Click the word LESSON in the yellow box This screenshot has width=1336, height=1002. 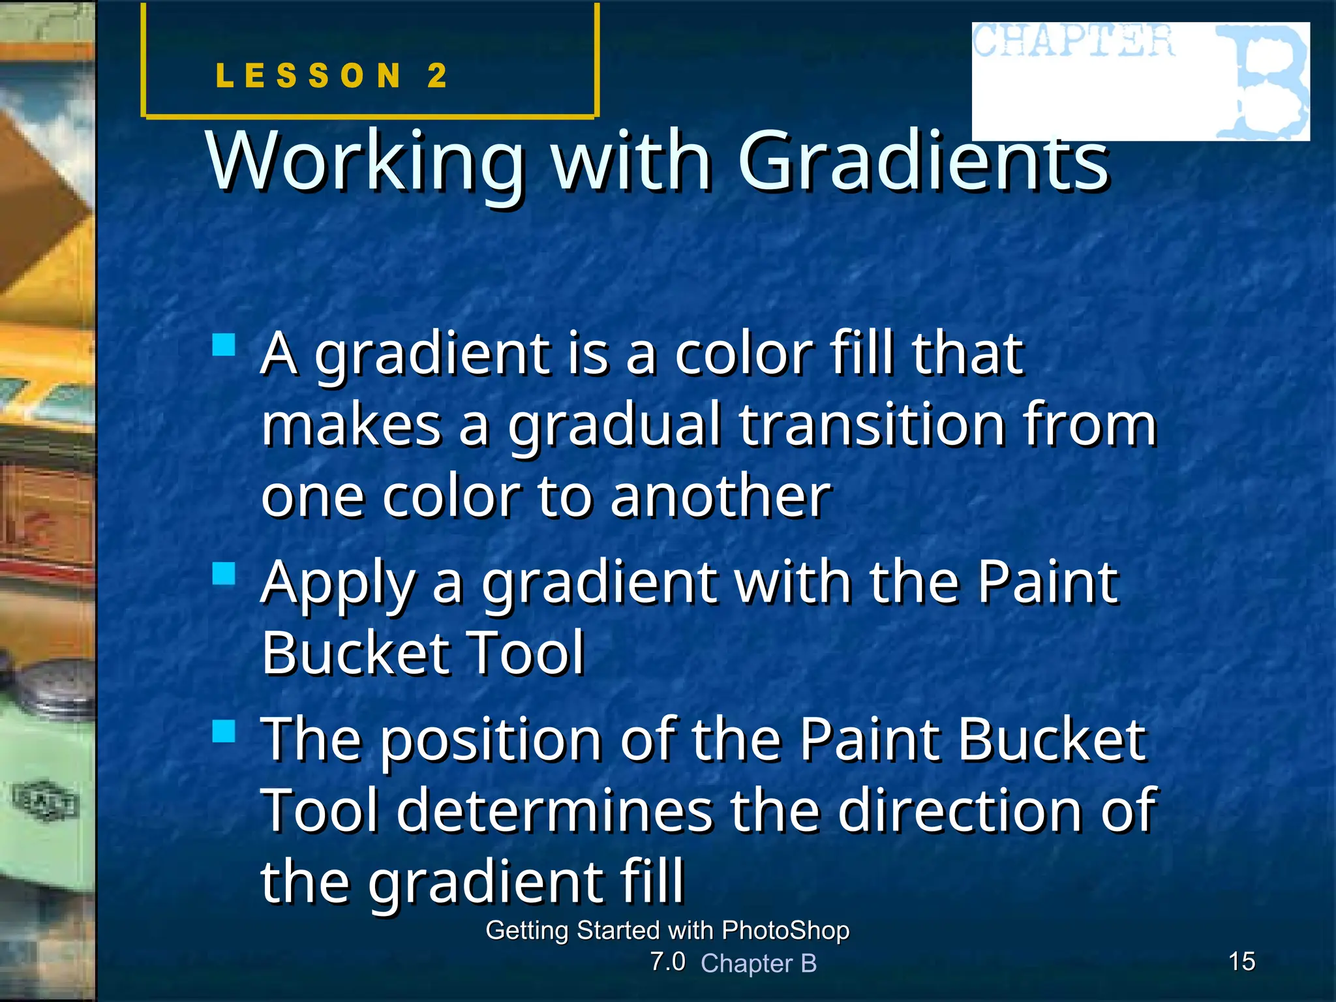308,76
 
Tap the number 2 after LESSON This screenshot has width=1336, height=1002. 437,76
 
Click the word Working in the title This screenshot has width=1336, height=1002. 366,162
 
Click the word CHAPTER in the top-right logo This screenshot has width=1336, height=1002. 1074,42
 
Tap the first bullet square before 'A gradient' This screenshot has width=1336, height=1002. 224,344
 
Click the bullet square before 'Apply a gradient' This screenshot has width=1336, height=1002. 224,573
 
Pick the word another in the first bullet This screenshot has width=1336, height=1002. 721,496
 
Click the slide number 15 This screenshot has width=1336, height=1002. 1241,962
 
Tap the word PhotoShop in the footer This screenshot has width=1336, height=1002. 785,930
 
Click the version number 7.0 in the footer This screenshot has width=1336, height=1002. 667,962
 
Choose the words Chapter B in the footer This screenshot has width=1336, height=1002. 759,964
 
